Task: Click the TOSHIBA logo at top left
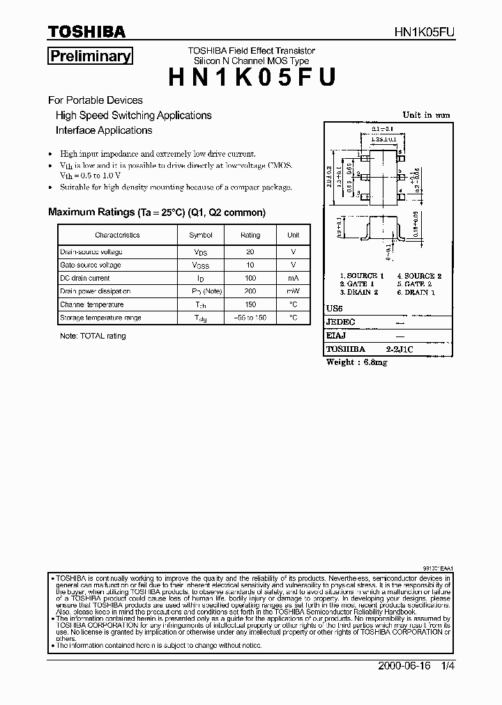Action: coord(86,32)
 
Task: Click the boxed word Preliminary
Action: coord(90,57)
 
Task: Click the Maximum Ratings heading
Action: coord(156,212)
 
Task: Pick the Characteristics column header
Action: coord(118,235)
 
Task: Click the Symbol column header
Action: coord(201,235)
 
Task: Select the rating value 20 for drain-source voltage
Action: coord(250,252)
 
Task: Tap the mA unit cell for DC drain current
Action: coord(294,278)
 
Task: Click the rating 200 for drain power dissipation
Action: coord(250,291)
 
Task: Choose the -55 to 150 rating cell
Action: coord(250,318)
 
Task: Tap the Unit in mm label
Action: coord(426,116)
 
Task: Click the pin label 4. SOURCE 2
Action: coord(420,276)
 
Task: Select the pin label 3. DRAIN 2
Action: coord(359,293)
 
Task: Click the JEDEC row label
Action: coord(341,323)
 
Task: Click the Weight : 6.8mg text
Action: coord(357,362)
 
